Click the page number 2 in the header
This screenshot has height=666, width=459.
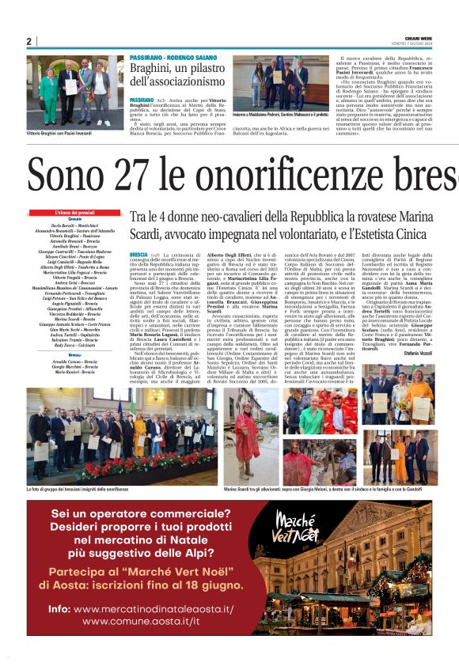[x=28, y=41]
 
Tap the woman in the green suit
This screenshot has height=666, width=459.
[x=49, y=95]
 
